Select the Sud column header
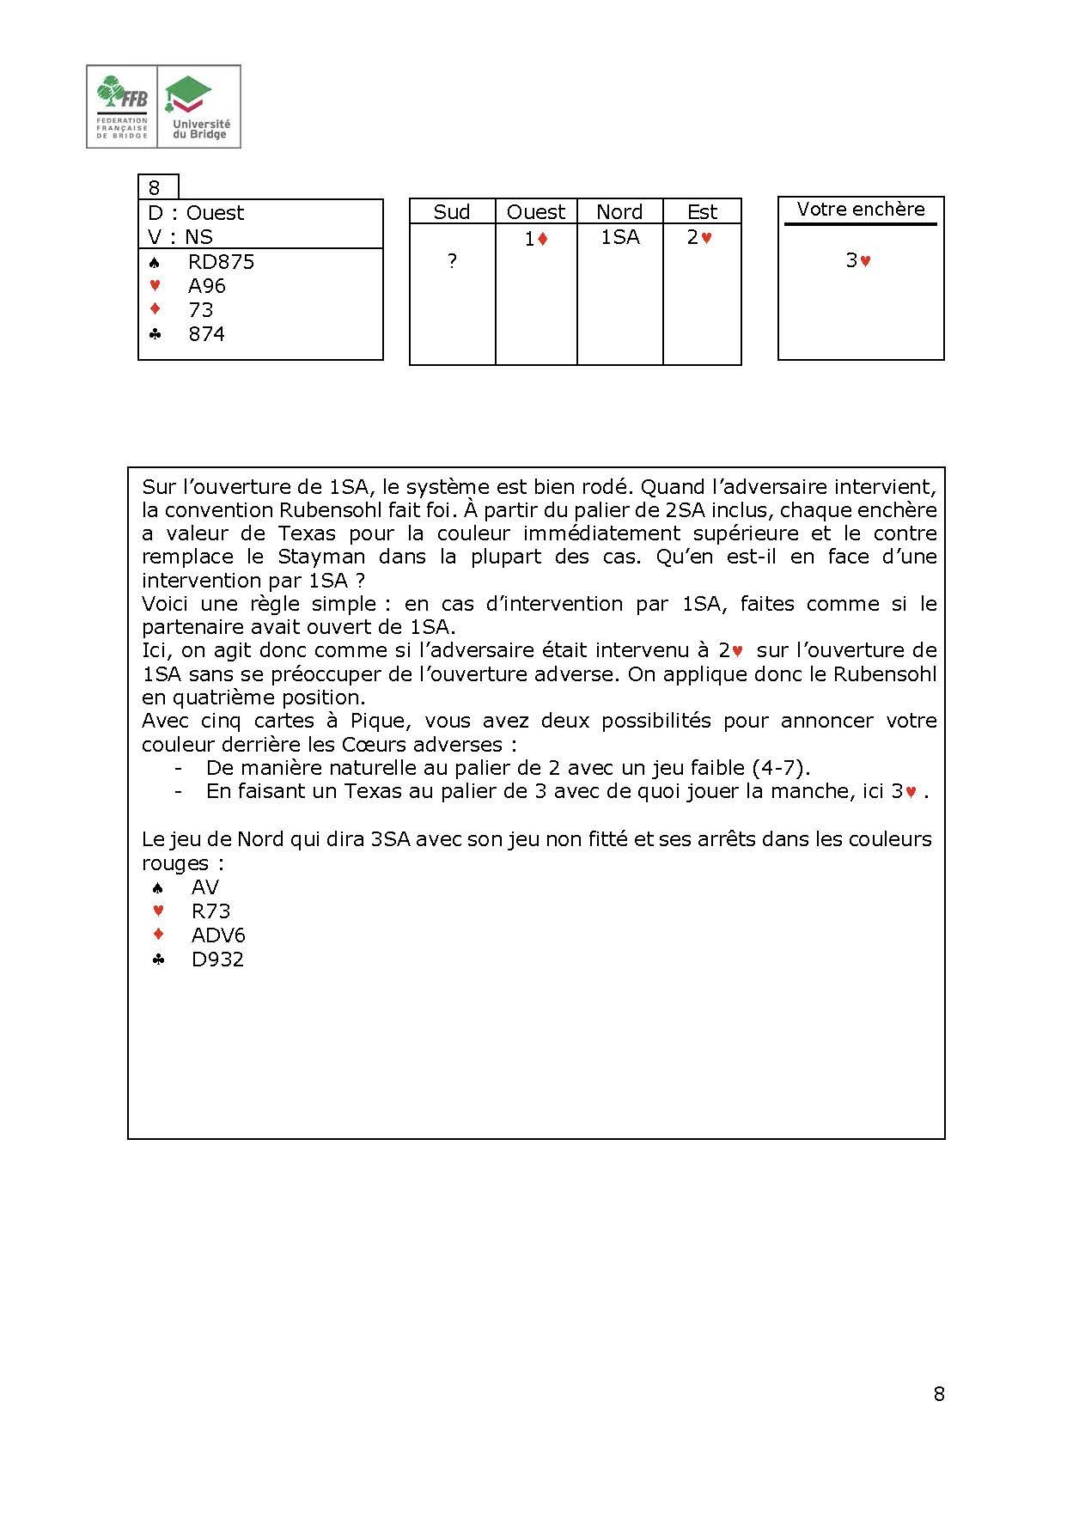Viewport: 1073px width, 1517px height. (x=452, y=212)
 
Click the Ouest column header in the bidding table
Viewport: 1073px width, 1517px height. (x=536, y=212)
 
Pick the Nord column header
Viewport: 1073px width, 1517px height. (x=619, y=212)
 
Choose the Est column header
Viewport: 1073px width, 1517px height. (x=702, y=212)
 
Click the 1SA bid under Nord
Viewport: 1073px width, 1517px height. (x=619, y=237)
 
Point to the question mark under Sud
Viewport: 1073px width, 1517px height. (x=452, y=262)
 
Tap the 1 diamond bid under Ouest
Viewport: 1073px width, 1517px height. (x=536, y=240)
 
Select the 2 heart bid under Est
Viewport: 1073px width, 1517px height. (x=699, y=238)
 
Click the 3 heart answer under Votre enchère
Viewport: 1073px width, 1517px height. (x=858, y=260)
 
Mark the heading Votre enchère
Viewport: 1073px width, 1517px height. (x=861, y=209)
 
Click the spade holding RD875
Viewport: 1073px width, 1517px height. (x=221, y=262)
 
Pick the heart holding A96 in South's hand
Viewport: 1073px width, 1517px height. (x=206, y=286)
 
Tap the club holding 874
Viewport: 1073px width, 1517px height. (x=206, y=334)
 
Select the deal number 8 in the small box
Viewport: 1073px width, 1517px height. (x=155, y=188)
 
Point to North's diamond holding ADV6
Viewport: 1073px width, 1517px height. (x=218, y=935)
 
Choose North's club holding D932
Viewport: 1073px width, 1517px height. (x=217, y=960)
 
